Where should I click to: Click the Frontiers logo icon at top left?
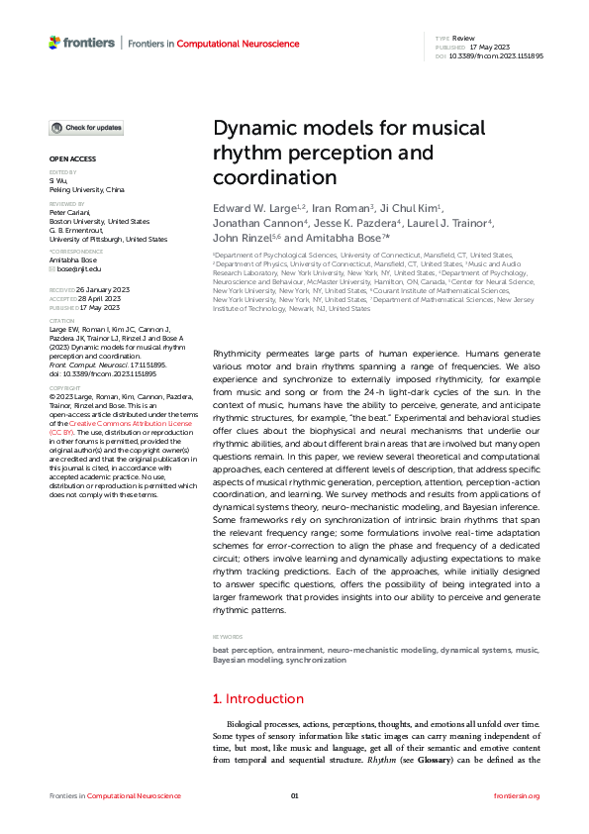coord(54,43)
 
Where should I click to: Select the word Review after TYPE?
coord(463,38)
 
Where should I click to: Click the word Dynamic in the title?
coord(253,129)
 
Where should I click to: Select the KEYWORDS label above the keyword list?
coord(228,637)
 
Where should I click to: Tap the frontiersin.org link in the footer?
coord(516,796)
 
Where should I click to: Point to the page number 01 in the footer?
coord(294,796)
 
